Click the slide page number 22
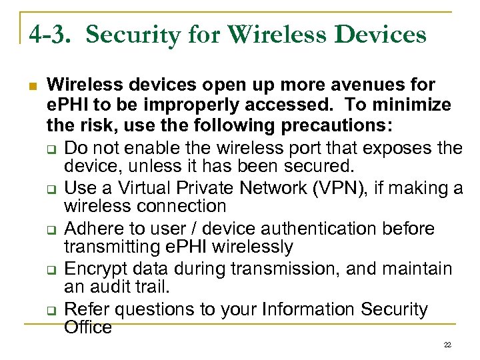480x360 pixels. click(447, 345)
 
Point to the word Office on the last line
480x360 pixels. click(87, 327)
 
